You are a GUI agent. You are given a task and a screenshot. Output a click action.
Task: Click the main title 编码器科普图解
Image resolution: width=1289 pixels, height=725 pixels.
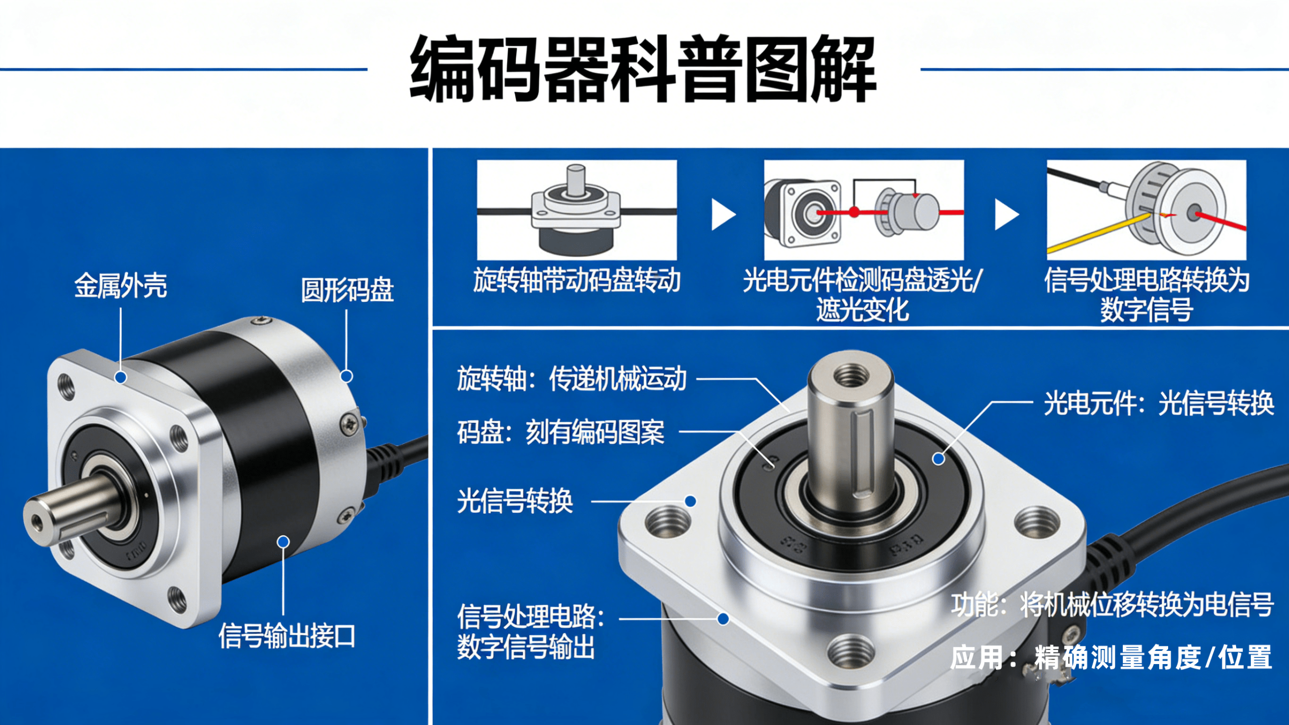tap(643, 69)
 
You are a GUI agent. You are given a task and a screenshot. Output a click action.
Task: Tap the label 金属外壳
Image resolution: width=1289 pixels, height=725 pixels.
tap(121, 286)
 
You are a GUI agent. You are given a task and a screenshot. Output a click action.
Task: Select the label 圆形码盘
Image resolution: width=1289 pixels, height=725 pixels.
tap(347, 290)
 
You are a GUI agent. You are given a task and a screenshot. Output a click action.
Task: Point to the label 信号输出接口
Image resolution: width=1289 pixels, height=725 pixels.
tap(287, 636)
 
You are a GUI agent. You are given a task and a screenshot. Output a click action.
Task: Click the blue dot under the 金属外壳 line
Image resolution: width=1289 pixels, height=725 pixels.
tap(120, 377)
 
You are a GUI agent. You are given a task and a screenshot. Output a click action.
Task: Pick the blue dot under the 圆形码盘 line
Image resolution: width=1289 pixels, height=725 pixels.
tap(346, 376)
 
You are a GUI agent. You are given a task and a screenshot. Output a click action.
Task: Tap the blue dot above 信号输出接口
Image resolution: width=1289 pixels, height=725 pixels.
tap(283, 542)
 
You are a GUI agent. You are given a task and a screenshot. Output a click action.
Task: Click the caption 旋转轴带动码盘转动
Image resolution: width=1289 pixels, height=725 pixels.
tap(577, 280)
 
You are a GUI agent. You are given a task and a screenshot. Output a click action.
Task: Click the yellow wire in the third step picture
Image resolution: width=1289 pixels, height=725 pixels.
tap(1098, 233)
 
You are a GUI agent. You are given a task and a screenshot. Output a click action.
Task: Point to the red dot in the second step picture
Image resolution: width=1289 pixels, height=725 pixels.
tap(854, 212)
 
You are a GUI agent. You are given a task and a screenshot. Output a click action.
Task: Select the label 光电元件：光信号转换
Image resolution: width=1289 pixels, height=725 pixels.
tap(1159, 403)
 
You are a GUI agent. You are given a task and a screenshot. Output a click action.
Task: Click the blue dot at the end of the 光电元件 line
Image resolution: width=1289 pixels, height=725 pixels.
tap(939, 459)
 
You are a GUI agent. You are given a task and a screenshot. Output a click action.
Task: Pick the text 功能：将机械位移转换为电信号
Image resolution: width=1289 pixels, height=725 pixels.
tap(1112, 605)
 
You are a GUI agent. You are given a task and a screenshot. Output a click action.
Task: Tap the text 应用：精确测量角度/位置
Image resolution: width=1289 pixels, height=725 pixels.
tap(1111, 658)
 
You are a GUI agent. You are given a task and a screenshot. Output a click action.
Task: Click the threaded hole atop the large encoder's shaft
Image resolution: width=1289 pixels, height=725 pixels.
tap(851, 375)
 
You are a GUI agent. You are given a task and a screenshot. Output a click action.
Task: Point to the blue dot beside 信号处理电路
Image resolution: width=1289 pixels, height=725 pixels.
tap(724, 619)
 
